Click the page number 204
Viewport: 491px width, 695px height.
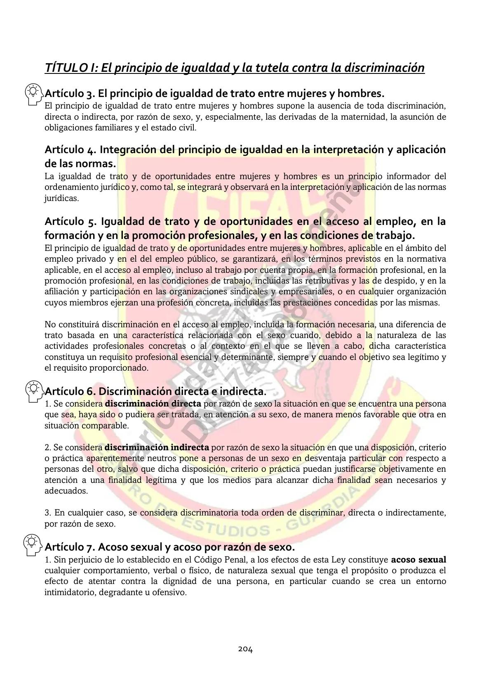[x=245, y=649]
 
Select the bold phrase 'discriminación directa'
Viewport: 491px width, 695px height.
[x=153, y=404]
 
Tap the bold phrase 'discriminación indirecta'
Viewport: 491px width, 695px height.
[x=157, y=447]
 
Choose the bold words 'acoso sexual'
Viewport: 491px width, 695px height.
[x=418, y=560]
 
